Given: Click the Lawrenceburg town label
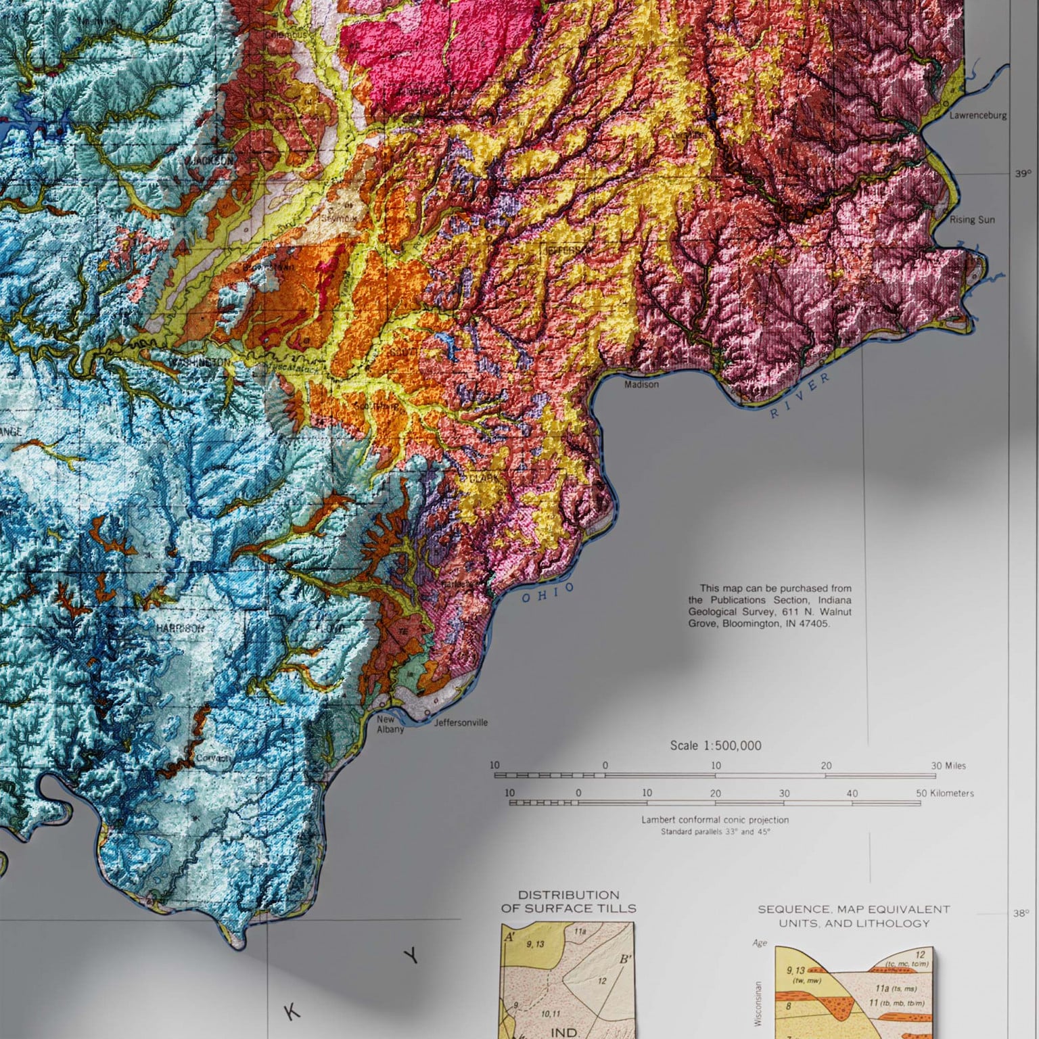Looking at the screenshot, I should coord(977,115).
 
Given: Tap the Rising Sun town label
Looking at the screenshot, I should coord(972,220).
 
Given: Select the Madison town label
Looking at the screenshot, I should coord(641,384).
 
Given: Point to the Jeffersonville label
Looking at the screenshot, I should coord(461,722).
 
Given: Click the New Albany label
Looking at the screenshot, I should coord(390,724).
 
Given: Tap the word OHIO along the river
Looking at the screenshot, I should coord(547,593).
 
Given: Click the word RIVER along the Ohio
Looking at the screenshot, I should coord(800,396).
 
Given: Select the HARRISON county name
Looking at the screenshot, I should coord(180,628).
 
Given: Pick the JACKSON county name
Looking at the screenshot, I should coord(211,161).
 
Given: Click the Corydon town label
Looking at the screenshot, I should coord(212,758).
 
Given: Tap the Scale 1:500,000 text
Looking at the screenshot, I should coord(715,745).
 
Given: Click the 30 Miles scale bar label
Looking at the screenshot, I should coord(948,766).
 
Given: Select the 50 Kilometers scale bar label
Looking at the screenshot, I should coord(944,793).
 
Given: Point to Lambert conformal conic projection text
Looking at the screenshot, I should coord(715,820).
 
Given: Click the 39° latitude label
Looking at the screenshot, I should coord(1022,174).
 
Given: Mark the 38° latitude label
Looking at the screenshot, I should coord(1021,913).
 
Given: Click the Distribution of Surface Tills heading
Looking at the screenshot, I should coord(568,902).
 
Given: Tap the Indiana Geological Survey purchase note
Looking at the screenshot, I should coord(770,606).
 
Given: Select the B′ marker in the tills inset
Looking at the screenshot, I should coord(625,959).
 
